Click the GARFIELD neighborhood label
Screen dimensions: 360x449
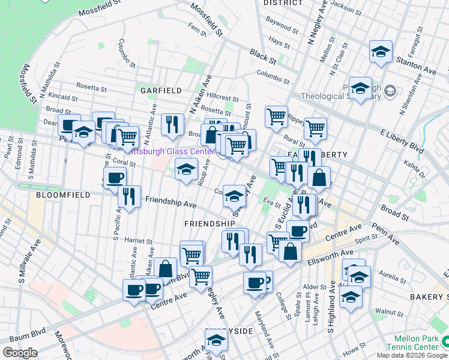[161, 91]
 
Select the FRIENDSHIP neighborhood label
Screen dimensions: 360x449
[209, 223]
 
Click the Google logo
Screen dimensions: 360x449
[20, 353]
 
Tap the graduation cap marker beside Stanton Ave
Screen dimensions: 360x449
[381, 52]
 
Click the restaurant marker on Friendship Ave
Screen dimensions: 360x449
[129, 196]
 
